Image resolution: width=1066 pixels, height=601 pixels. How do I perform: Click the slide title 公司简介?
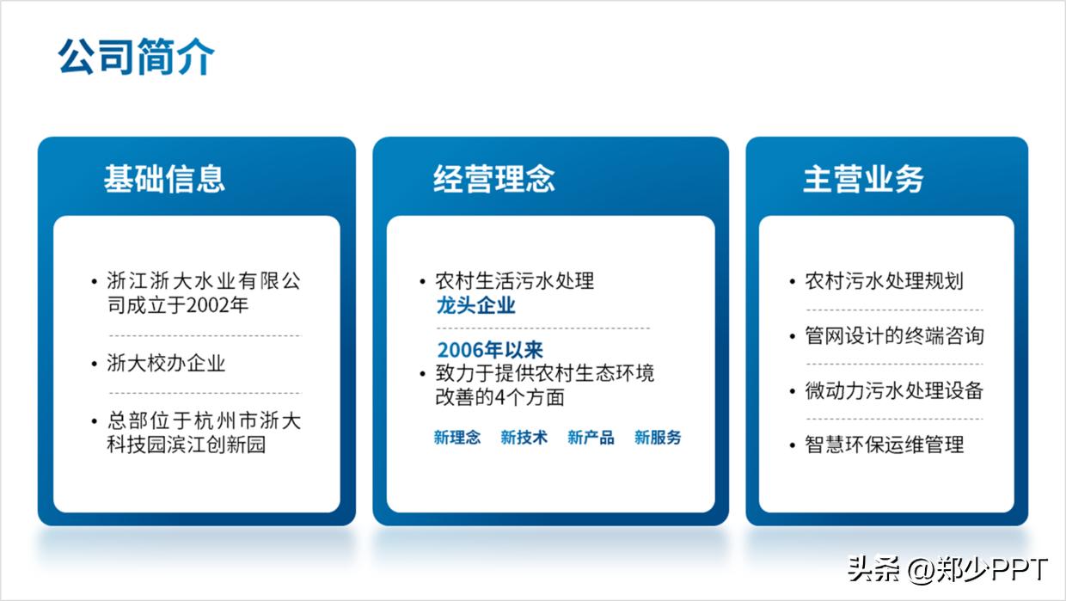(x=136, y=58)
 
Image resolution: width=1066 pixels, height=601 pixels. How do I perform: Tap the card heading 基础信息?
(x=164, y=179)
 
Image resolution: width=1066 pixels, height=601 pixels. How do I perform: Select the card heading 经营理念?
(x=494, y=179)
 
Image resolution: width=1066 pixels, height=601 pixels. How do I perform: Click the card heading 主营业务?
(x=863, y=179)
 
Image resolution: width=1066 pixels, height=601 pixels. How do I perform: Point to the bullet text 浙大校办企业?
(x=166, y=363)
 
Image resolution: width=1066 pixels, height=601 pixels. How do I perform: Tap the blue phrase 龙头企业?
(x=476, y=305)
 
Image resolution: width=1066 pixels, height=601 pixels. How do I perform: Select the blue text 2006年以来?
(x=490, y=350)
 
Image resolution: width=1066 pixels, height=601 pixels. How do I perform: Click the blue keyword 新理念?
(x=457, y=438)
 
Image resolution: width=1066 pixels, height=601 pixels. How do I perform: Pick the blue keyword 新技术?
(x=524, y=438)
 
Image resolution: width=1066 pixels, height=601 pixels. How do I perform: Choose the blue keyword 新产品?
(x=591, y=438)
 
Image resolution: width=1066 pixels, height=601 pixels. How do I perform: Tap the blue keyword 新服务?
(x=658, y=438)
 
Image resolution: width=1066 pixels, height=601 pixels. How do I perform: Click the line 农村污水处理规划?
(x=884, y=281)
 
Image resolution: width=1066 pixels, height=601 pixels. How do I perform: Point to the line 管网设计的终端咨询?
(x=894, y=335)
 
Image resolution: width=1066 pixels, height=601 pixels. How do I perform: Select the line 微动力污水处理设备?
(x=894, y=390)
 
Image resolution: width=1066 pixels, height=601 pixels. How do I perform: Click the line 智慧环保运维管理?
(x=884, y=445)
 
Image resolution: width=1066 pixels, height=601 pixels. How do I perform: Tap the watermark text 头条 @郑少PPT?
(x=947, y=569)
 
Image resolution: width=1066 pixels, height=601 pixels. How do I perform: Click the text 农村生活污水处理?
(x=514, y=281)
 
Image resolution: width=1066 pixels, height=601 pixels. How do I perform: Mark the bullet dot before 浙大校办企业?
(x=95, y=364)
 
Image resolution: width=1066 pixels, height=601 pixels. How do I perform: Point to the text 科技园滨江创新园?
(x=187, y=445)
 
